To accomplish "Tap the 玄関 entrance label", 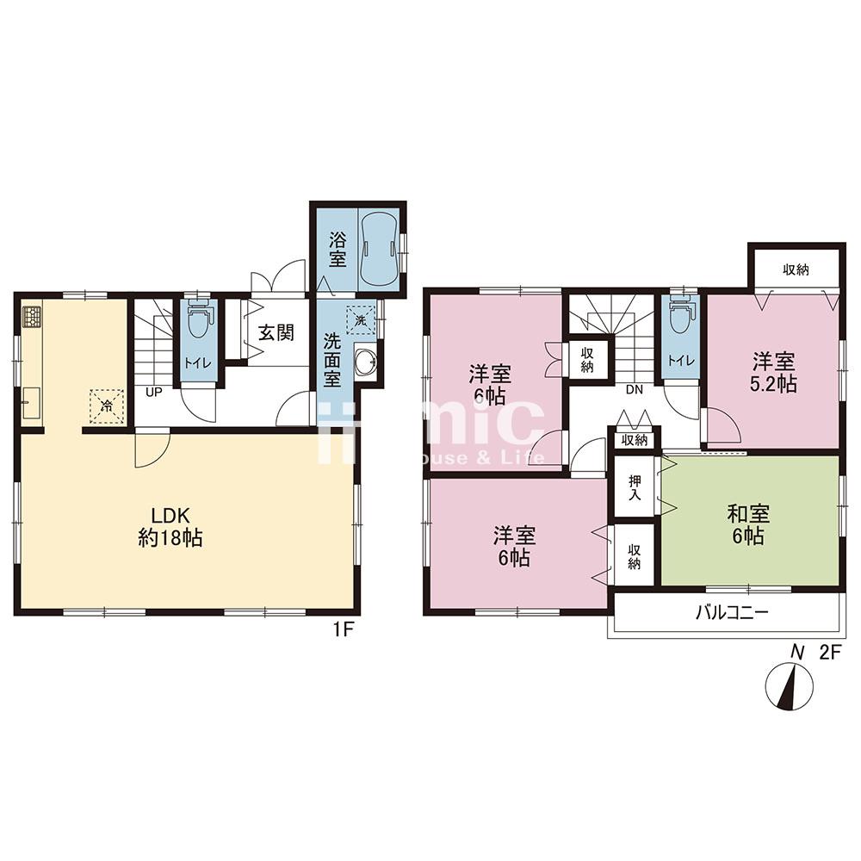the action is pyautogui.click(x=276, y=332).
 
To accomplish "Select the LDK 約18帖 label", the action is pyautogui.click(x=170, y=527).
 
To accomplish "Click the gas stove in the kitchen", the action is pyautogui.click(x=32, y=317).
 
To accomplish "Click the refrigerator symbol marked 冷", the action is pyautogui.click(x=107, y=406).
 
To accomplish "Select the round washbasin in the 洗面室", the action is pyautogui.click(x=365, y=362).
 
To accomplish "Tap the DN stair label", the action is pyautogui.click(x=635, y=390).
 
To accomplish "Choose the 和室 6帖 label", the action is pyautogui.click(x=748, y=524).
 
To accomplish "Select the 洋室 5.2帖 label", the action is pyautogui.click(x=773, y=372).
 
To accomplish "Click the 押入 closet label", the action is pyautogui.click(x=635, y=487).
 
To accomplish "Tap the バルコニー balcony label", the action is pyautogui.click(x=732, y=611).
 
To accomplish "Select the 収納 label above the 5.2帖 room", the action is pyautogui.click(x=796, y=269).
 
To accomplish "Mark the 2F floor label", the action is pyautogui.click(x=830, y=653).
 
